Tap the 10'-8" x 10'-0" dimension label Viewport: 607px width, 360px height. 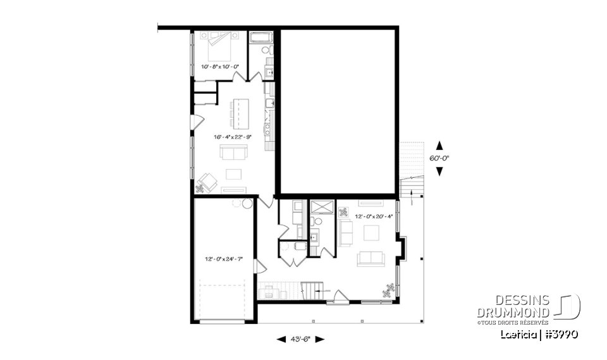click(220, 66)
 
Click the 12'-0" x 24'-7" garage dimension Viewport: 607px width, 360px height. click(224, 259)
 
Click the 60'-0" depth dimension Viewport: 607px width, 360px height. click(441, 158)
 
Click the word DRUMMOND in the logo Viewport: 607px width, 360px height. click(513, 312)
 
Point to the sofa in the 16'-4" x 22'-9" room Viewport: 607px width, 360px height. click(233, 152)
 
